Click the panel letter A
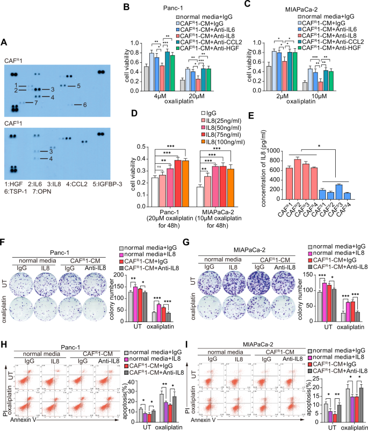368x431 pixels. (5, 42)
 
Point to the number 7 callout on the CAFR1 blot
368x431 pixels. (35, 103)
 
